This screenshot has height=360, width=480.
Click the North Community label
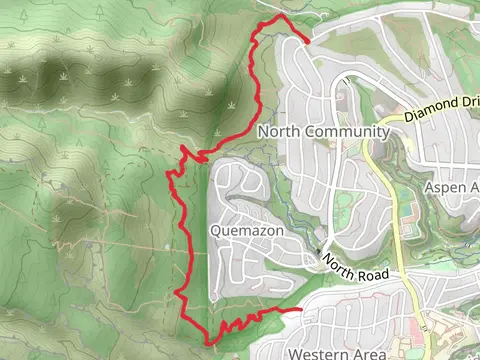(323, 132)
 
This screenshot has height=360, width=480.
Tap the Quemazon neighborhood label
(248, 230)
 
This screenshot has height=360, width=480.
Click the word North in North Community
(278, 132)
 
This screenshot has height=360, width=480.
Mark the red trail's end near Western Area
(302, 311)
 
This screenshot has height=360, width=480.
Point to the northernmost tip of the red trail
(276, 18)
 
